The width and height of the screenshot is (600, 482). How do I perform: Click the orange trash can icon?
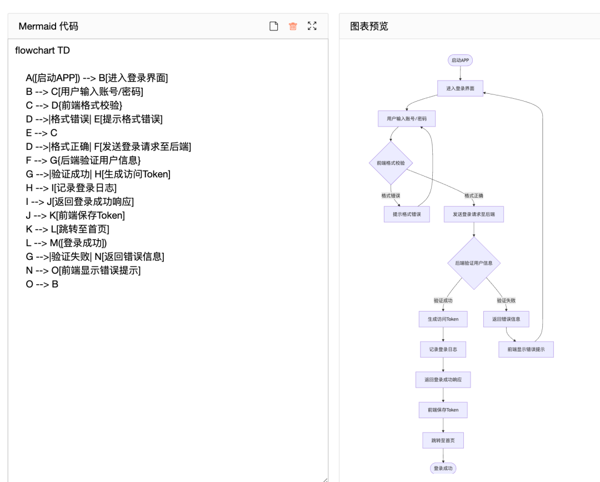click(293, 26)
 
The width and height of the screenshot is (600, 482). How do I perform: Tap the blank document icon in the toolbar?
click(273, 26)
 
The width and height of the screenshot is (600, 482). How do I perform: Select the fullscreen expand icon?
click(312, 26)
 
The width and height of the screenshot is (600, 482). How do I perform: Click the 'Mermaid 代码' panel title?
click(48, 26)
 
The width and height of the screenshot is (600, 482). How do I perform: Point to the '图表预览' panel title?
click(369, 26)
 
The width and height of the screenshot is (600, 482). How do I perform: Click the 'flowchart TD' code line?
click(43, 51)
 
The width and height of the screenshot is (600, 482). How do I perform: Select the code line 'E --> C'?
click(42, 133)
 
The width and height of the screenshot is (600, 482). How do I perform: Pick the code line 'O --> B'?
click(42, 284)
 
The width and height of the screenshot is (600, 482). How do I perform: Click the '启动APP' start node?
click(460, 60)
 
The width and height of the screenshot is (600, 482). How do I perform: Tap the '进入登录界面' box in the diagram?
click(460, 88)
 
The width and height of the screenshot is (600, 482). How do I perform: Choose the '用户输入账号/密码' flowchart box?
click(407, 119)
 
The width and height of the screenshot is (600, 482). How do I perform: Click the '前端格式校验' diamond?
click(391, 163)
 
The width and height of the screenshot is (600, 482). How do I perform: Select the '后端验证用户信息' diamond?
click(473, 263)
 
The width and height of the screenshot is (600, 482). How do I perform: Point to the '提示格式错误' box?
click(407, 214)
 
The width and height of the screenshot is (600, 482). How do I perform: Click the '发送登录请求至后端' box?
click(473, 214)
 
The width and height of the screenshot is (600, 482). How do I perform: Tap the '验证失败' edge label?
click(506, 300)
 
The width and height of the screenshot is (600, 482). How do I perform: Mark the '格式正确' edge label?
click(474, 195)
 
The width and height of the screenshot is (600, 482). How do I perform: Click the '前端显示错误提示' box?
click(526, 349)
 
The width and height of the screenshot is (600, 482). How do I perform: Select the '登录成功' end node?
click(443, 468)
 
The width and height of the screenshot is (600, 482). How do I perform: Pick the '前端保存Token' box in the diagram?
click(443, 410)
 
